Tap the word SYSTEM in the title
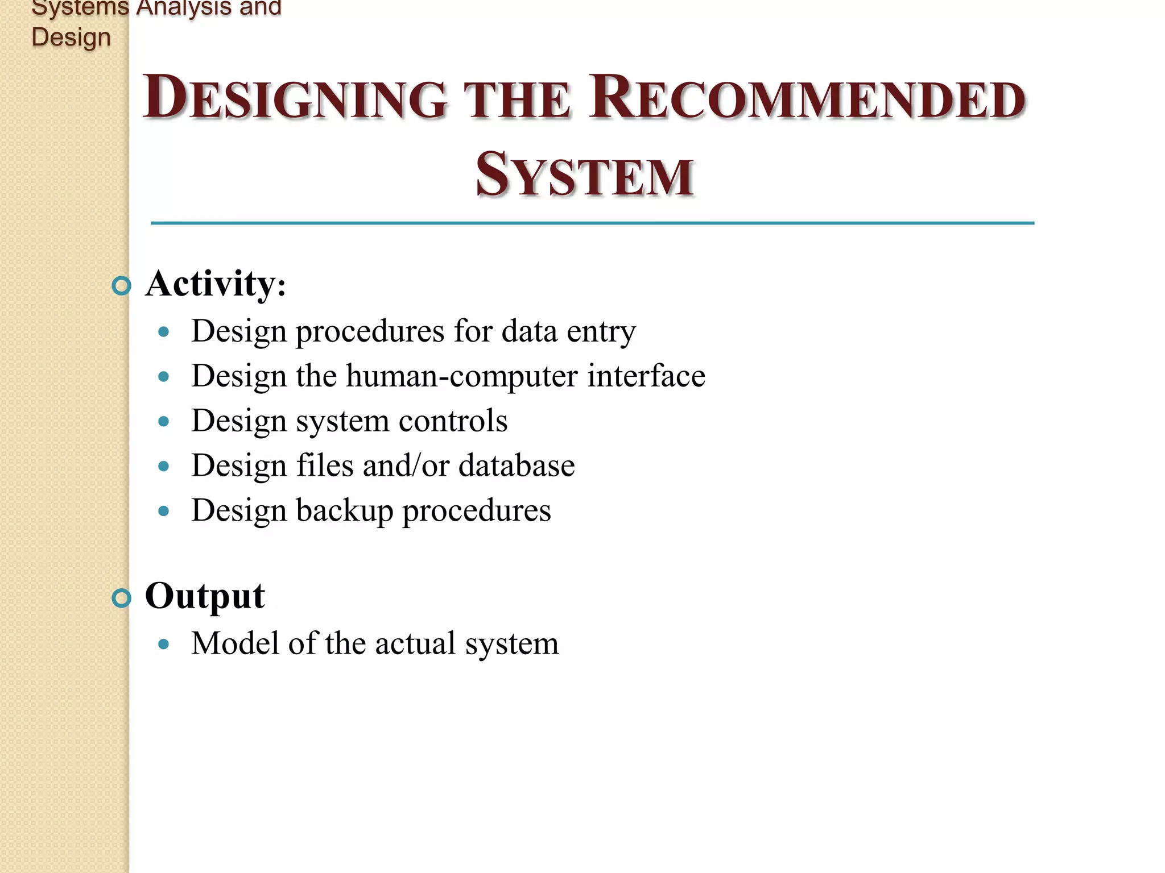[584, 175]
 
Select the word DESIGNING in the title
[294, 98]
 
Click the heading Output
[205, 596]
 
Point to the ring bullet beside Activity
[121, 285]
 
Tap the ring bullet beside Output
[121, 598]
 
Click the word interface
[646, 376]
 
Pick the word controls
[453, 421]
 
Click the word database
[517, 465]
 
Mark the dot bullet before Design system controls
[164, 422]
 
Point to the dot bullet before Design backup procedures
[164, 512]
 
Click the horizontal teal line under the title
[592, 223]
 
